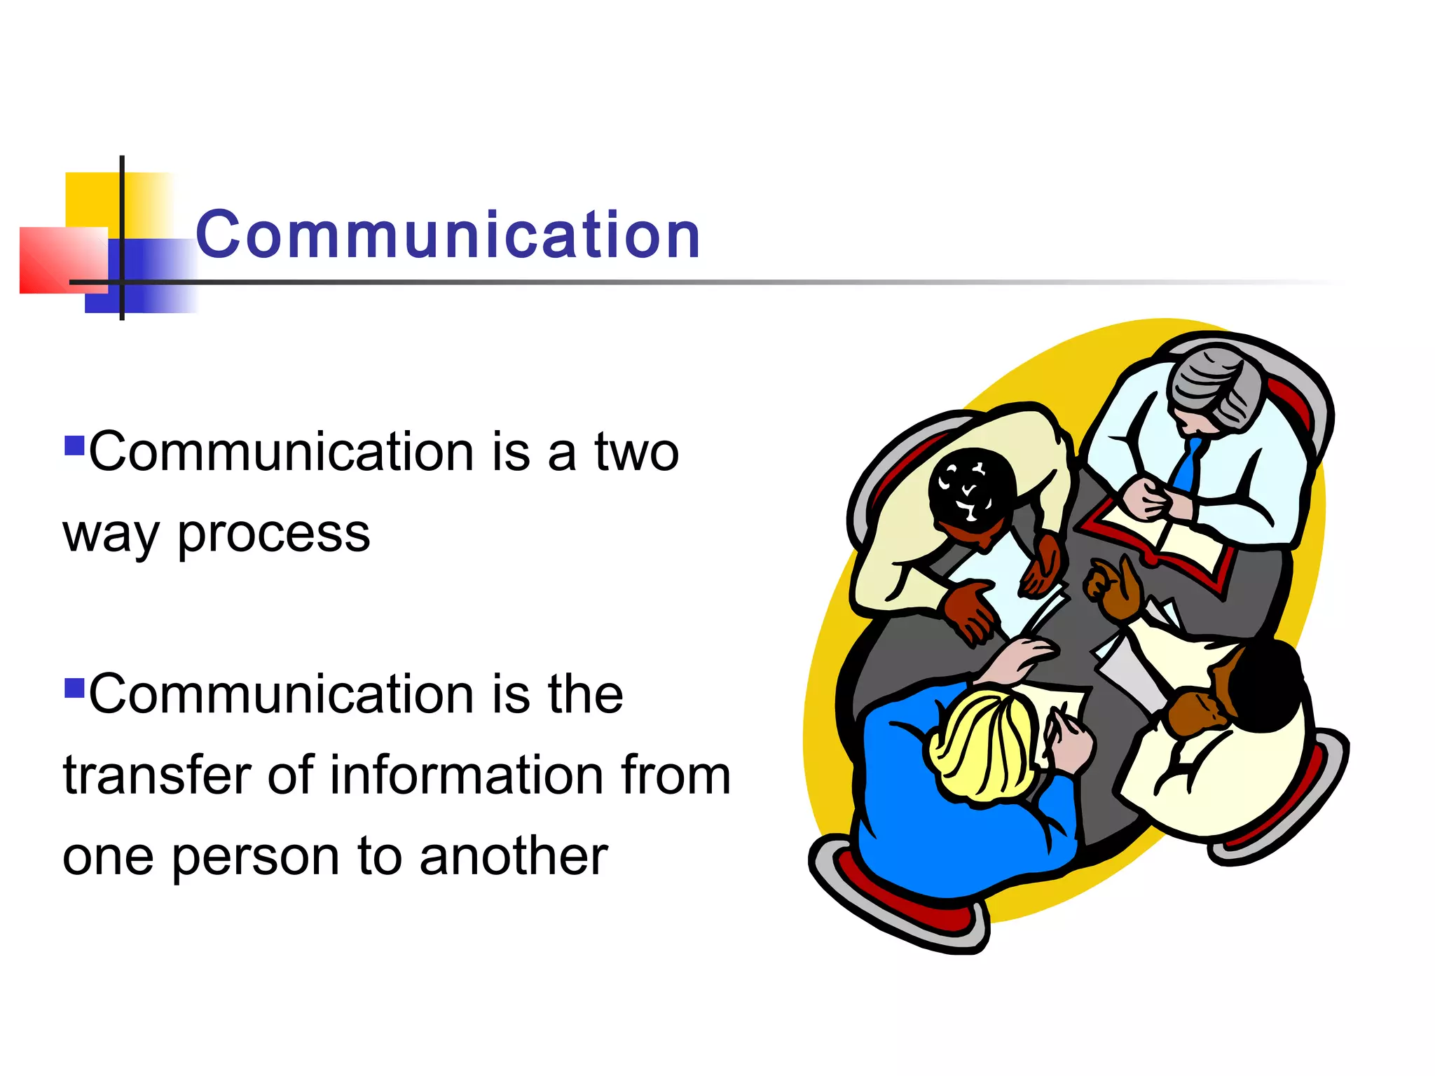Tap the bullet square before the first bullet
74,446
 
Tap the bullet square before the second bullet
74,688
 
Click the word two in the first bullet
637,453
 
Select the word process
273,534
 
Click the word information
467,775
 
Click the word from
676,775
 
